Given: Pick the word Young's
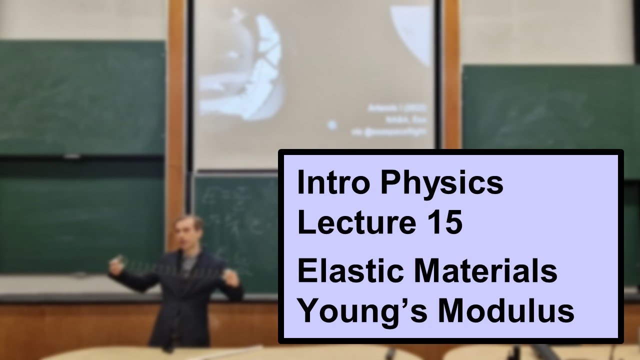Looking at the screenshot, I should [x=359, y=311].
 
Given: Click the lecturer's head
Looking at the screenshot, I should [x=188, y=233].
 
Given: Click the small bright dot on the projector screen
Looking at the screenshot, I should [x=332, y=125].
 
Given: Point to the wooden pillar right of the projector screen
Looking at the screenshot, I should [x=451, y=75].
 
